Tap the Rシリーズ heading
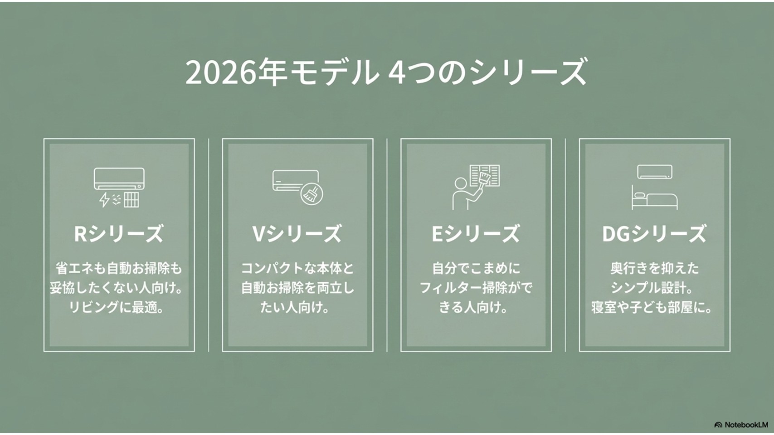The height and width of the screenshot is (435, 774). click(118, 234)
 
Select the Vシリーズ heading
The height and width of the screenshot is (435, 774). click(297, 234)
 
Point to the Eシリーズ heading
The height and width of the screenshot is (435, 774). click(476, 234)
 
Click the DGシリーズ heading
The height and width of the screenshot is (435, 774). click(654, 234)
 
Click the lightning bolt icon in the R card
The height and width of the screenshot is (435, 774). click(104, 199)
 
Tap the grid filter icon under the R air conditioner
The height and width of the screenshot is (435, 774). click(131, 199)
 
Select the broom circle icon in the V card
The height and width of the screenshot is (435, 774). click(312, 193)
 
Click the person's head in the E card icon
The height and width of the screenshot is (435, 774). click(460, 183)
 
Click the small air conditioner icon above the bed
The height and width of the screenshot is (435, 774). click(654, 172)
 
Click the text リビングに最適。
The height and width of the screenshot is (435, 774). click(117, 307)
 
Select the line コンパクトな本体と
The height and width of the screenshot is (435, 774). click(297, 268)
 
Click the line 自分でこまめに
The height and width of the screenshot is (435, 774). click(476, 268)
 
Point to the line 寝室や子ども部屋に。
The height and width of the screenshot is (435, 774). click(652, 307)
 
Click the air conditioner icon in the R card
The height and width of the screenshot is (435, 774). click(119, 179)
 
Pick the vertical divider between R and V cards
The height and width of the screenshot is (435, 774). click(209, 245)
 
